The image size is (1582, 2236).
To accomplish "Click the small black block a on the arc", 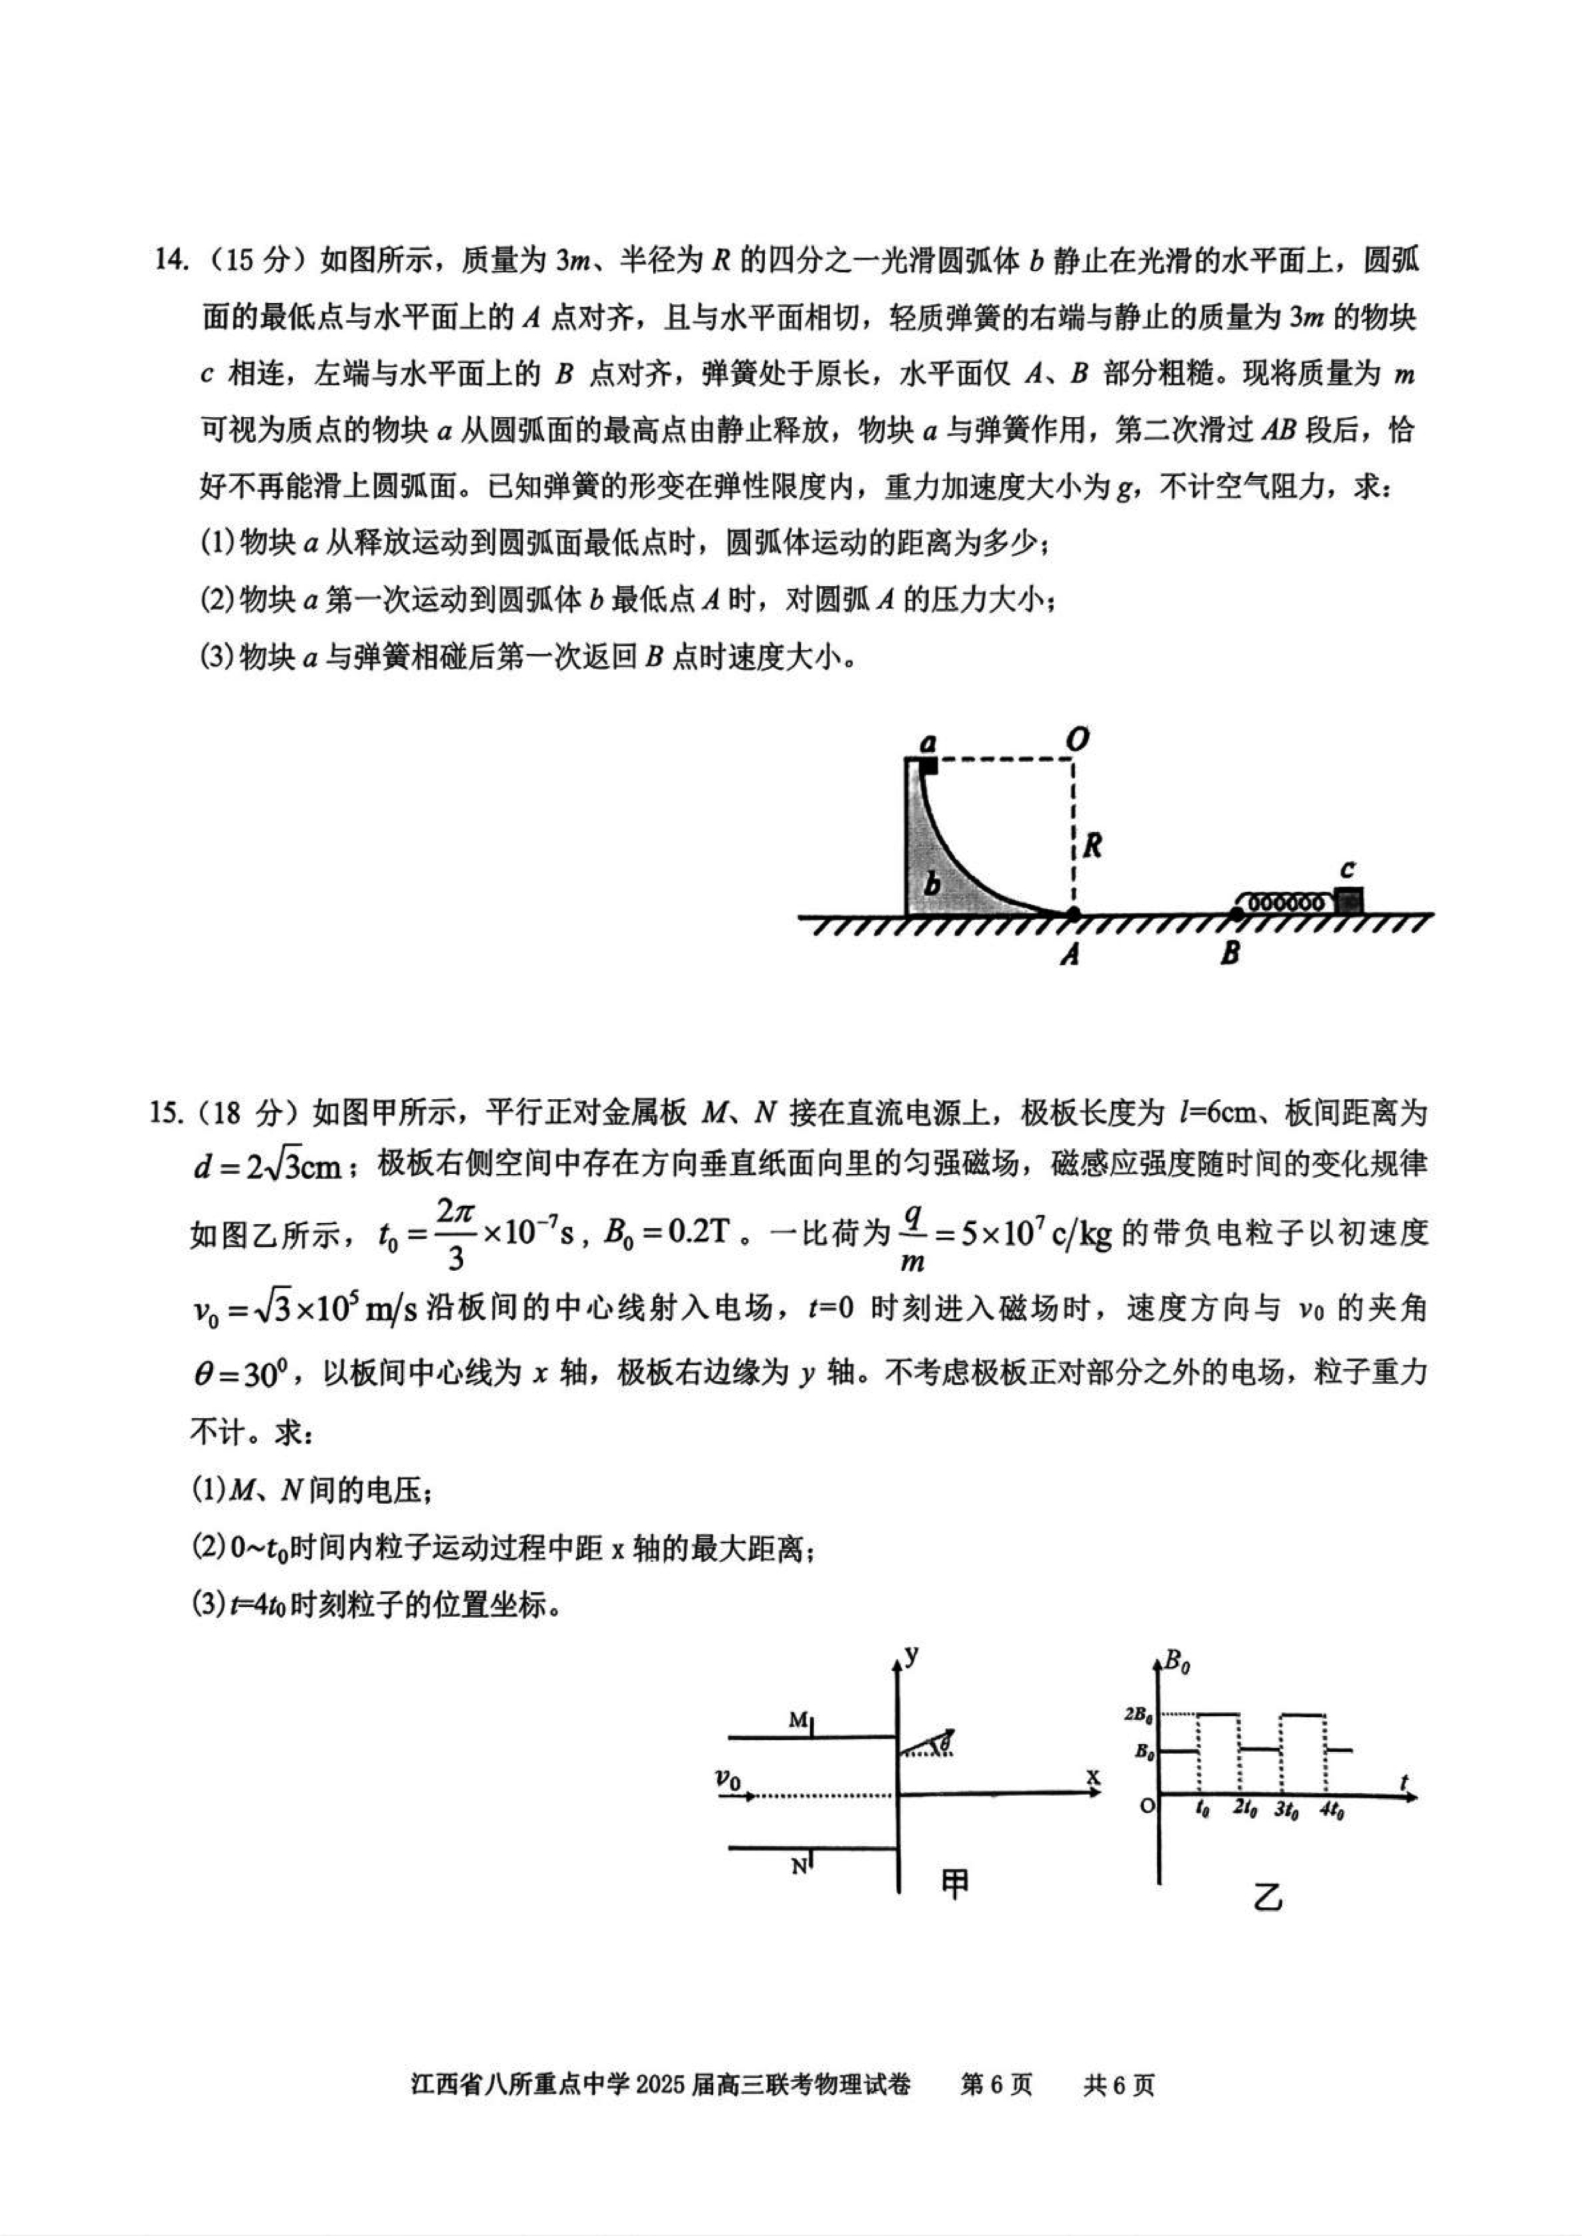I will coord(928,766).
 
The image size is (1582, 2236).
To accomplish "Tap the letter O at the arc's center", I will coord(1076,741).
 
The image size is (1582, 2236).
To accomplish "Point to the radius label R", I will coord(1092,846).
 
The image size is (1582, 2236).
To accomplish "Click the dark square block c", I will coord(1348,900).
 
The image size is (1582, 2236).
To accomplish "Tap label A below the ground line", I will coord(1070,955).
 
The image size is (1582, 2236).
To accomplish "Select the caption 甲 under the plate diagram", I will coord(955,1885).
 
